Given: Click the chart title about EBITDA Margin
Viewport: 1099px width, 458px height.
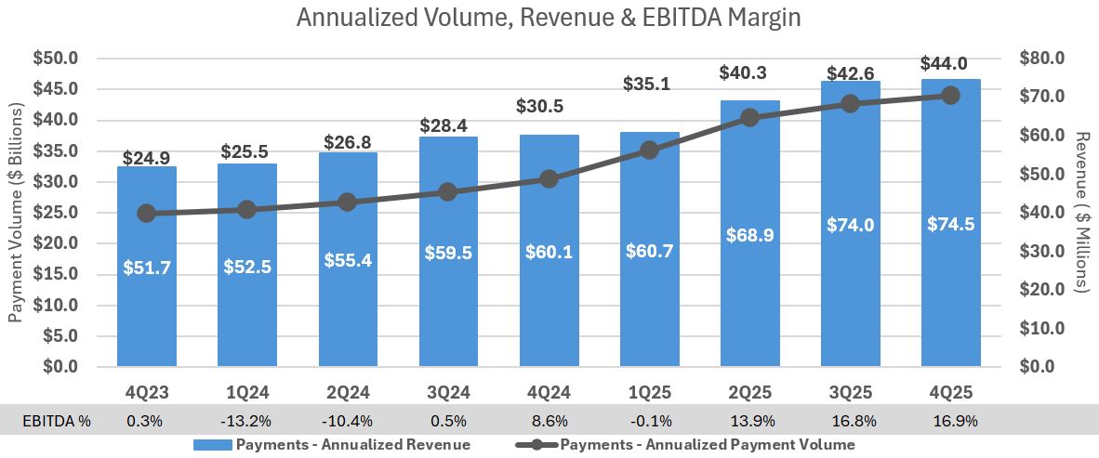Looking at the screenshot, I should tap(549, 19).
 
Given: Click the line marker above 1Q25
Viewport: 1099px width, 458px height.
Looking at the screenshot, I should tap(649, 150).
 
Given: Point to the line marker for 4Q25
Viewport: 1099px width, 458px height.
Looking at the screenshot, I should tap(950, 95).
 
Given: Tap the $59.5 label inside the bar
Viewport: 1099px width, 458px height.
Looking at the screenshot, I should tap(447, 252).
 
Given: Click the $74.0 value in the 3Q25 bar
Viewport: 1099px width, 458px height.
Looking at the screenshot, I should tap(850, 224).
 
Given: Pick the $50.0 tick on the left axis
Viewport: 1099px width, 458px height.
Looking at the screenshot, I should tap(56, 59).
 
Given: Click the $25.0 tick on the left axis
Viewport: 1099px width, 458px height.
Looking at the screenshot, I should tap(56, 213).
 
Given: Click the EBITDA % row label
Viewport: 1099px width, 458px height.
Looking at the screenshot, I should tap(57, 420).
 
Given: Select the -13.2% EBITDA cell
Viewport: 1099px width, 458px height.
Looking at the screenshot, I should tap(246, 420).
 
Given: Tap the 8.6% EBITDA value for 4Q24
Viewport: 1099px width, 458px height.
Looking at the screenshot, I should tap(549, 420).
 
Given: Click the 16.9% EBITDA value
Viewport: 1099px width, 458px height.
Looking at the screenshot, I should tap(950, 420).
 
